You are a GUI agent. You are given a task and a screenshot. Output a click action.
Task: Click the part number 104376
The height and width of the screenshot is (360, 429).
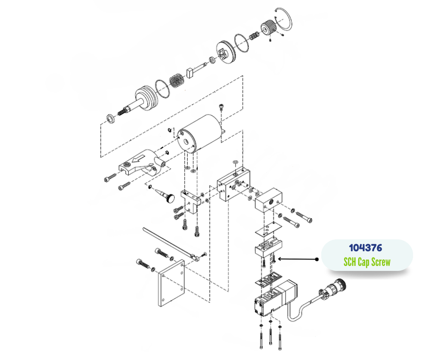click(366, 248)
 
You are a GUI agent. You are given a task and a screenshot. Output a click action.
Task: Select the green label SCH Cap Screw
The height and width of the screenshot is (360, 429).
click(366, 262)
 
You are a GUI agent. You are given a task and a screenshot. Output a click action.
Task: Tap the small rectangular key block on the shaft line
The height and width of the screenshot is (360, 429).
click(189, 71)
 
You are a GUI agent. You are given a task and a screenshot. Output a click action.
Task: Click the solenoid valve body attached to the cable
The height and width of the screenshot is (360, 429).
click(271, 300)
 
